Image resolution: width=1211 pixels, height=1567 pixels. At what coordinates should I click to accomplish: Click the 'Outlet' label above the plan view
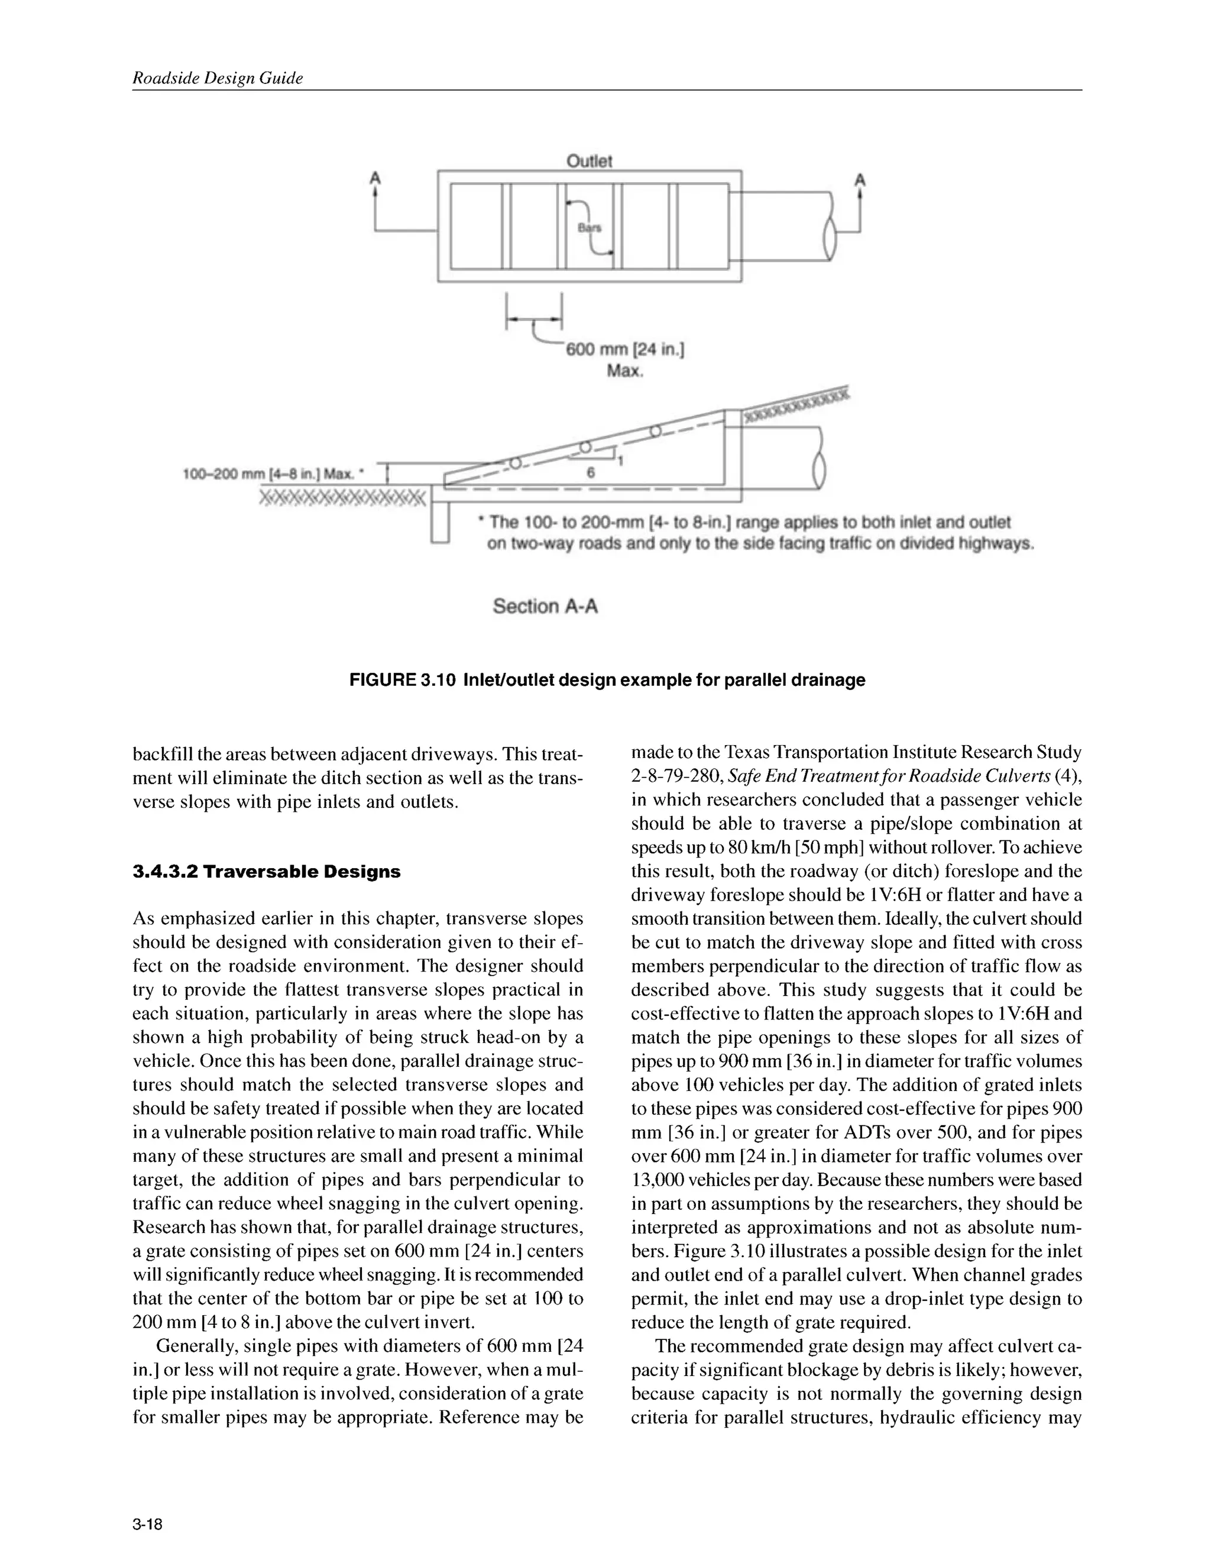tap(589, 161)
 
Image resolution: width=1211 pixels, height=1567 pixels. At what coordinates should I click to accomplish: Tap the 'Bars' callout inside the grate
tap(590, 228)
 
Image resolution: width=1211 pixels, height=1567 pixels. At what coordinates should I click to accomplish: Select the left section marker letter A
tap(374, 177)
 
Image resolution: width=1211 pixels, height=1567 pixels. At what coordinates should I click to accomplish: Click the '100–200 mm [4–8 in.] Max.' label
tap(273, 474)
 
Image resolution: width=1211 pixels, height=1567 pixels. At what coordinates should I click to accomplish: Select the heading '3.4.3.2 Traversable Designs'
tap(266, 872)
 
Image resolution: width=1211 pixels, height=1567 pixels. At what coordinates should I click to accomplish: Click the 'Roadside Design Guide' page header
tap(218, 78)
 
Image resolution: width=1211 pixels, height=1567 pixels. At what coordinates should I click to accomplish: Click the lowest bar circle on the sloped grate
tap(514, 464)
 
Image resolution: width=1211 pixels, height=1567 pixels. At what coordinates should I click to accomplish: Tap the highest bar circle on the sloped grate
tap(655, 431)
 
